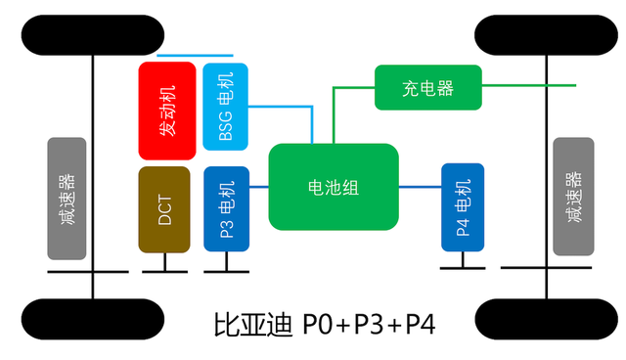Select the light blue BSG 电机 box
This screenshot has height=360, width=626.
coord(226,107)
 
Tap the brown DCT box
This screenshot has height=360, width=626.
coord(164,209)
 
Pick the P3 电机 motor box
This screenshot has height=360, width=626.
coord(226,209)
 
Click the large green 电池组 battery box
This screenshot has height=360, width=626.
coord(333,188)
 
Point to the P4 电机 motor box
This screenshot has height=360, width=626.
coord(464,207)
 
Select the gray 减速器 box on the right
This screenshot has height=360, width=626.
coord(573,196)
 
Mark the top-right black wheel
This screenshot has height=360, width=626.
coord(548,35)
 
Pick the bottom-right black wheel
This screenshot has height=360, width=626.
coord(548,320)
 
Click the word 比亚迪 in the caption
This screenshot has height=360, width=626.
coord(253,324)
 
